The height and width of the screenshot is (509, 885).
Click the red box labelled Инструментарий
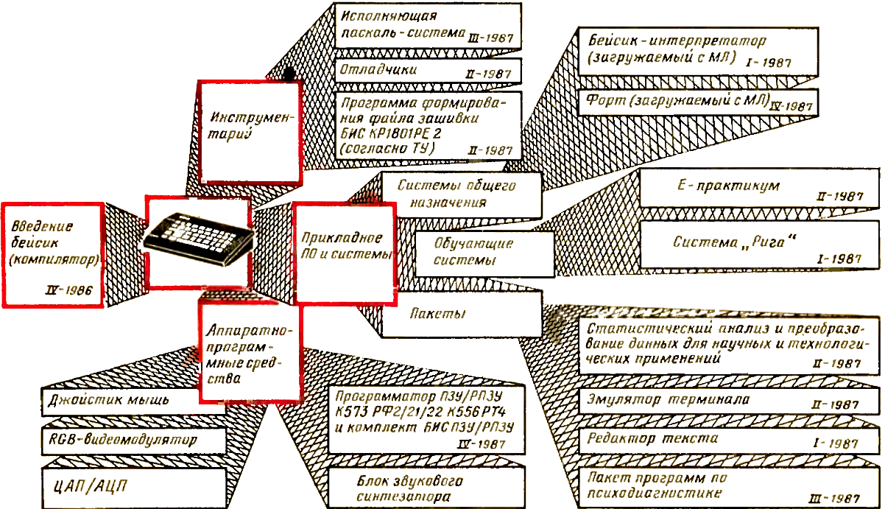tap(250, 131)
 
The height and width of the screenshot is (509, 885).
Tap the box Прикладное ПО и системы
tap(344, 253)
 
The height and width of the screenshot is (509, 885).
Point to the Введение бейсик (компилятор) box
tap(53, 252)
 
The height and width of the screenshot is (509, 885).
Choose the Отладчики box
tap(428, 71)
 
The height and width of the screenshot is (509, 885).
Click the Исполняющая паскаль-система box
tap(428, 26)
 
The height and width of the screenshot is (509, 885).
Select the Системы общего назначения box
tap(460, 193)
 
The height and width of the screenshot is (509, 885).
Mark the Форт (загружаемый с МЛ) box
tap(696, 101)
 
